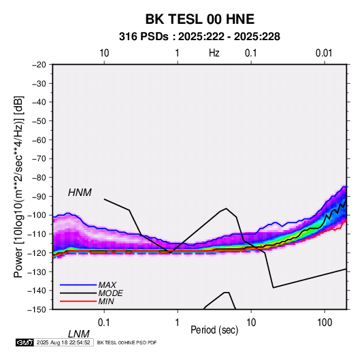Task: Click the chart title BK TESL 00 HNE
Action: (x=199, y=19)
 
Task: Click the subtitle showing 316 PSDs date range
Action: (x=199, y=37)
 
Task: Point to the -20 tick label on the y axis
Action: (x=39, y=65)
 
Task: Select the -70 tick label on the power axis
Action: (x=39, y=159)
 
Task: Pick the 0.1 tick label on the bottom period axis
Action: (x=103, y=323)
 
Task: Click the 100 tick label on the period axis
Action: (x=325, y=323)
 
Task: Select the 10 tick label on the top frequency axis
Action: (x=104, y=53)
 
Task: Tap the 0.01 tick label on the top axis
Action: (x=324, y=53)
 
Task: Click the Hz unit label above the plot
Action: (x=214, y=53)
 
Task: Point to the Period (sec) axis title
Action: (x=214, y=330)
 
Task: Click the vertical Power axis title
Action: (x=18, y=186)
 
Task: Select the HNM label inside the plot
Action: (x=80, y=193)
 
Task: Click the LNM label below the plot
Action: (x=78, y=334)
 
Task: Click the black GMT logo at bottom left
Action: (x=24, y=342)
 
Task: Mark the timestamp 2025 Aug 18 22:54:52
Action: (x=63, y=342)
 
